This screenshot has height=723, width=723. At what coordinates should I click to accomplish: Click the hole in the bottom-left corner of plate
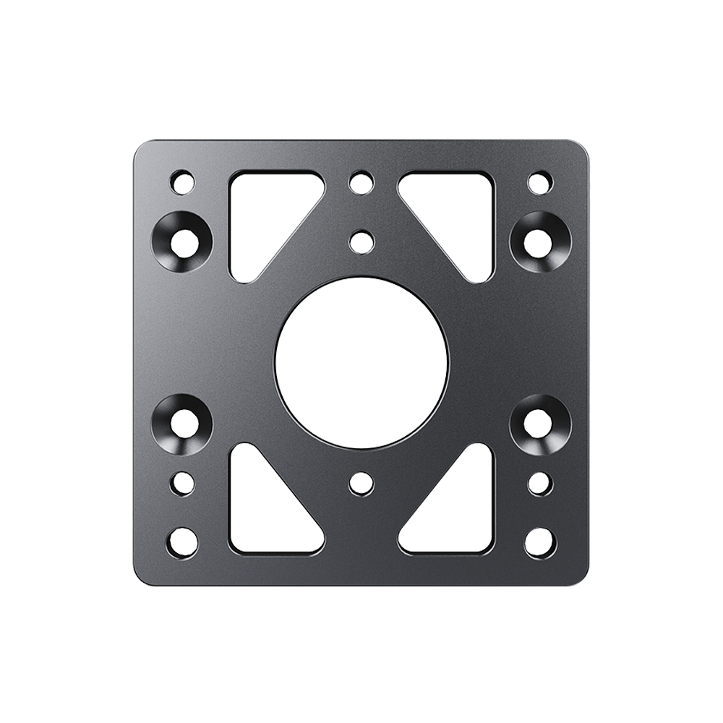pos(182,540)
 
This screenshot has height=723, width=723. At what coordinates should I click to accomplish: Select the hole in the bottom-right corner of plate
pos(539,540)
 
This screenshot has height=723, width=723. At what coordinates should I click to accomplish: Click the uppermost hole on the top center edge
pos(360,181)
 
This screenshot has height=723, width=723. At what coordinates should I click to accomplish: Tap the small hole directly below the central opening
pos(360,483)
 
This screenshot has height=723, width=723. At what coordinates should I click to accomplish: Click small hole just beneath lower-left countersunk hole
pos(183,482)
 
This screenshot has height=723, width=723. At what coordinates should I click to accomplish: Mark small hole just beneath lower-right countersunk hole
pos(539,482)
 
